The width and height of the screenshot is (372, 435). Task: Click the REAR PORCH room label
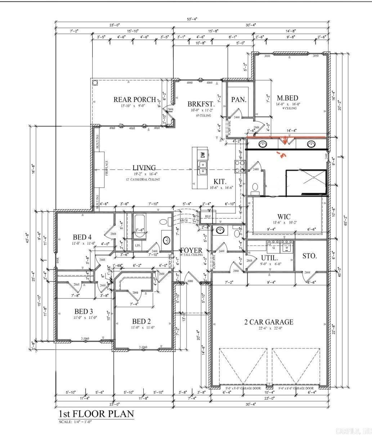135,100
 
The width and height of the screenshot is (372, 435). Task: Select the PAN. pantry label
239,100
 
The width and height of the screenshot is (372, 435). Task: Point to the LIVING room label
144,168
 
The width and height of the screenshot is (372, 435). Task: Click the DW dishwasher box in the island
203,155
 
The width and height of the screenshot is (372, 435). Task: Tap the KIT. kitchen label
220,181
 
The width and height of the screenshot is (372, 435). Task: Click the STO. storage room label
309,256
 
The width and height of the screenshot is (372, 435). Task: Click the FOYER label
191,250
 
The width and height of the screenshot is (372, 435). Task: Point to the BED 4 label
82,237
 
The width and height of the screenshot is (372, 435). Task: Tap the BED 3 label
84,311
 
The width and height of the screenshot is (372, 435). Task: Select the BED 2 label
141,321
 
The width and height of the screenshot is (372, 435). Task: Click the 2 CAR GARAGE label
269,322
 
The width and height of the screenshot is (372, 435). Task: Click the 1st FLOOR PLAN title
96,413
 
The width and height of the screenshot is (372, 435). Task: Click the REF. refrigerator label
208,216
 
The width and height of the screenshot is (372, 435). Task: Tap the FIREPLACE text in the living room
107,168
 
